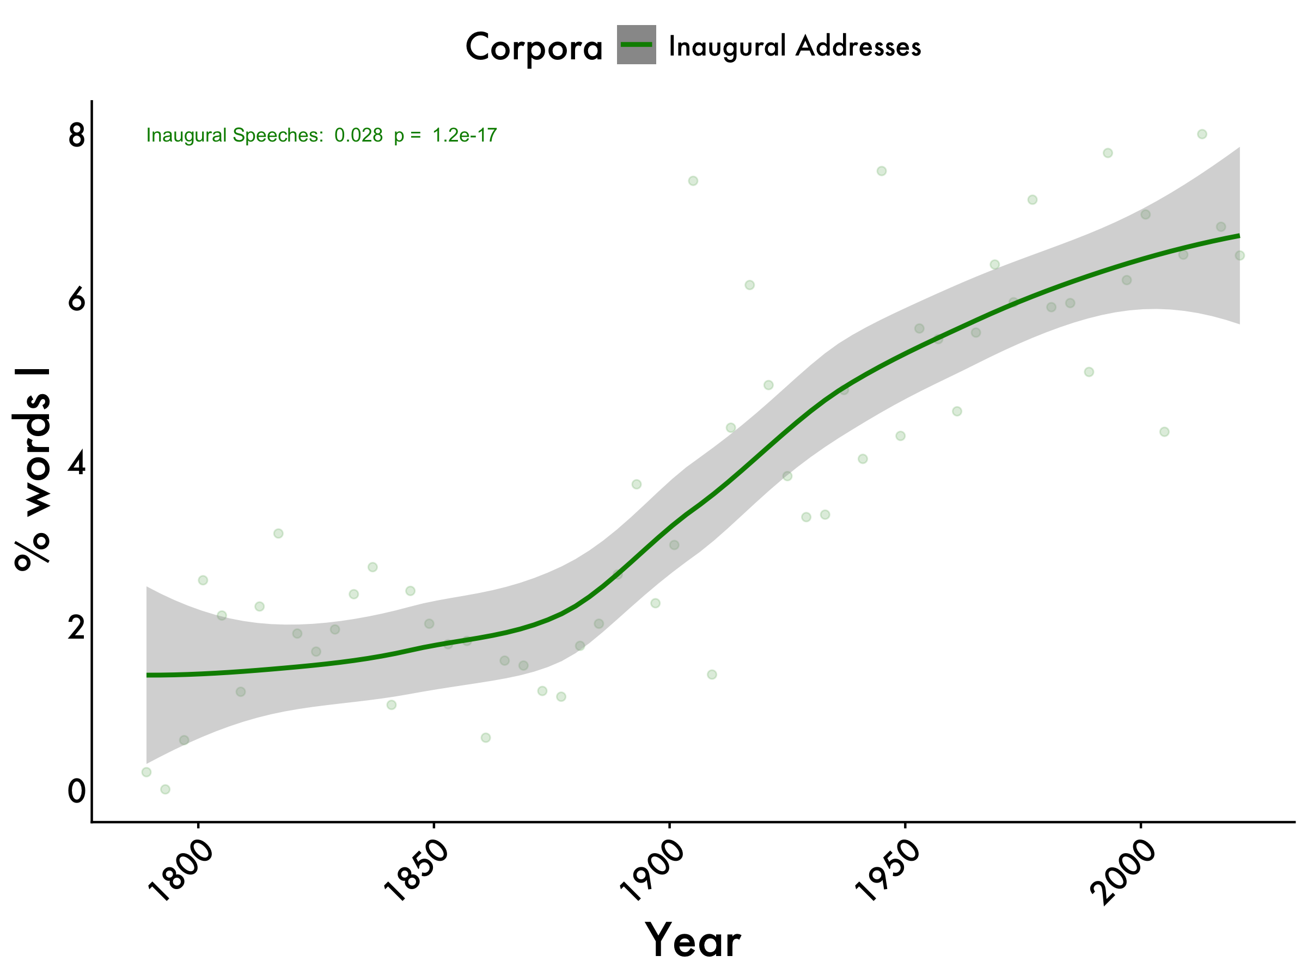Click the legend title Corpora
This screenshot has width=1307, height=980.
(x=534, y=47)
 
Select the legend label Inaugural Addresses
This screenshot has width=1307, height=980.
(x=795, y=46)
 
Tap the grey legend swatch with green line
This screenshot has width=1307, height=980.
(x=637, y=45)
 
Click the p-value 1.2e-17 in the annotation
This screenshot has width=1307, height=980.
(x=465, y=135)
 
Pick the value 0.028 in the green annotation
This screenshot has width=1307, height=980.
(x=359, y=135)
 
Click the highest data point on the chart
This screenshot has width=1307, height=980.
(x=1202, y=134)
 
